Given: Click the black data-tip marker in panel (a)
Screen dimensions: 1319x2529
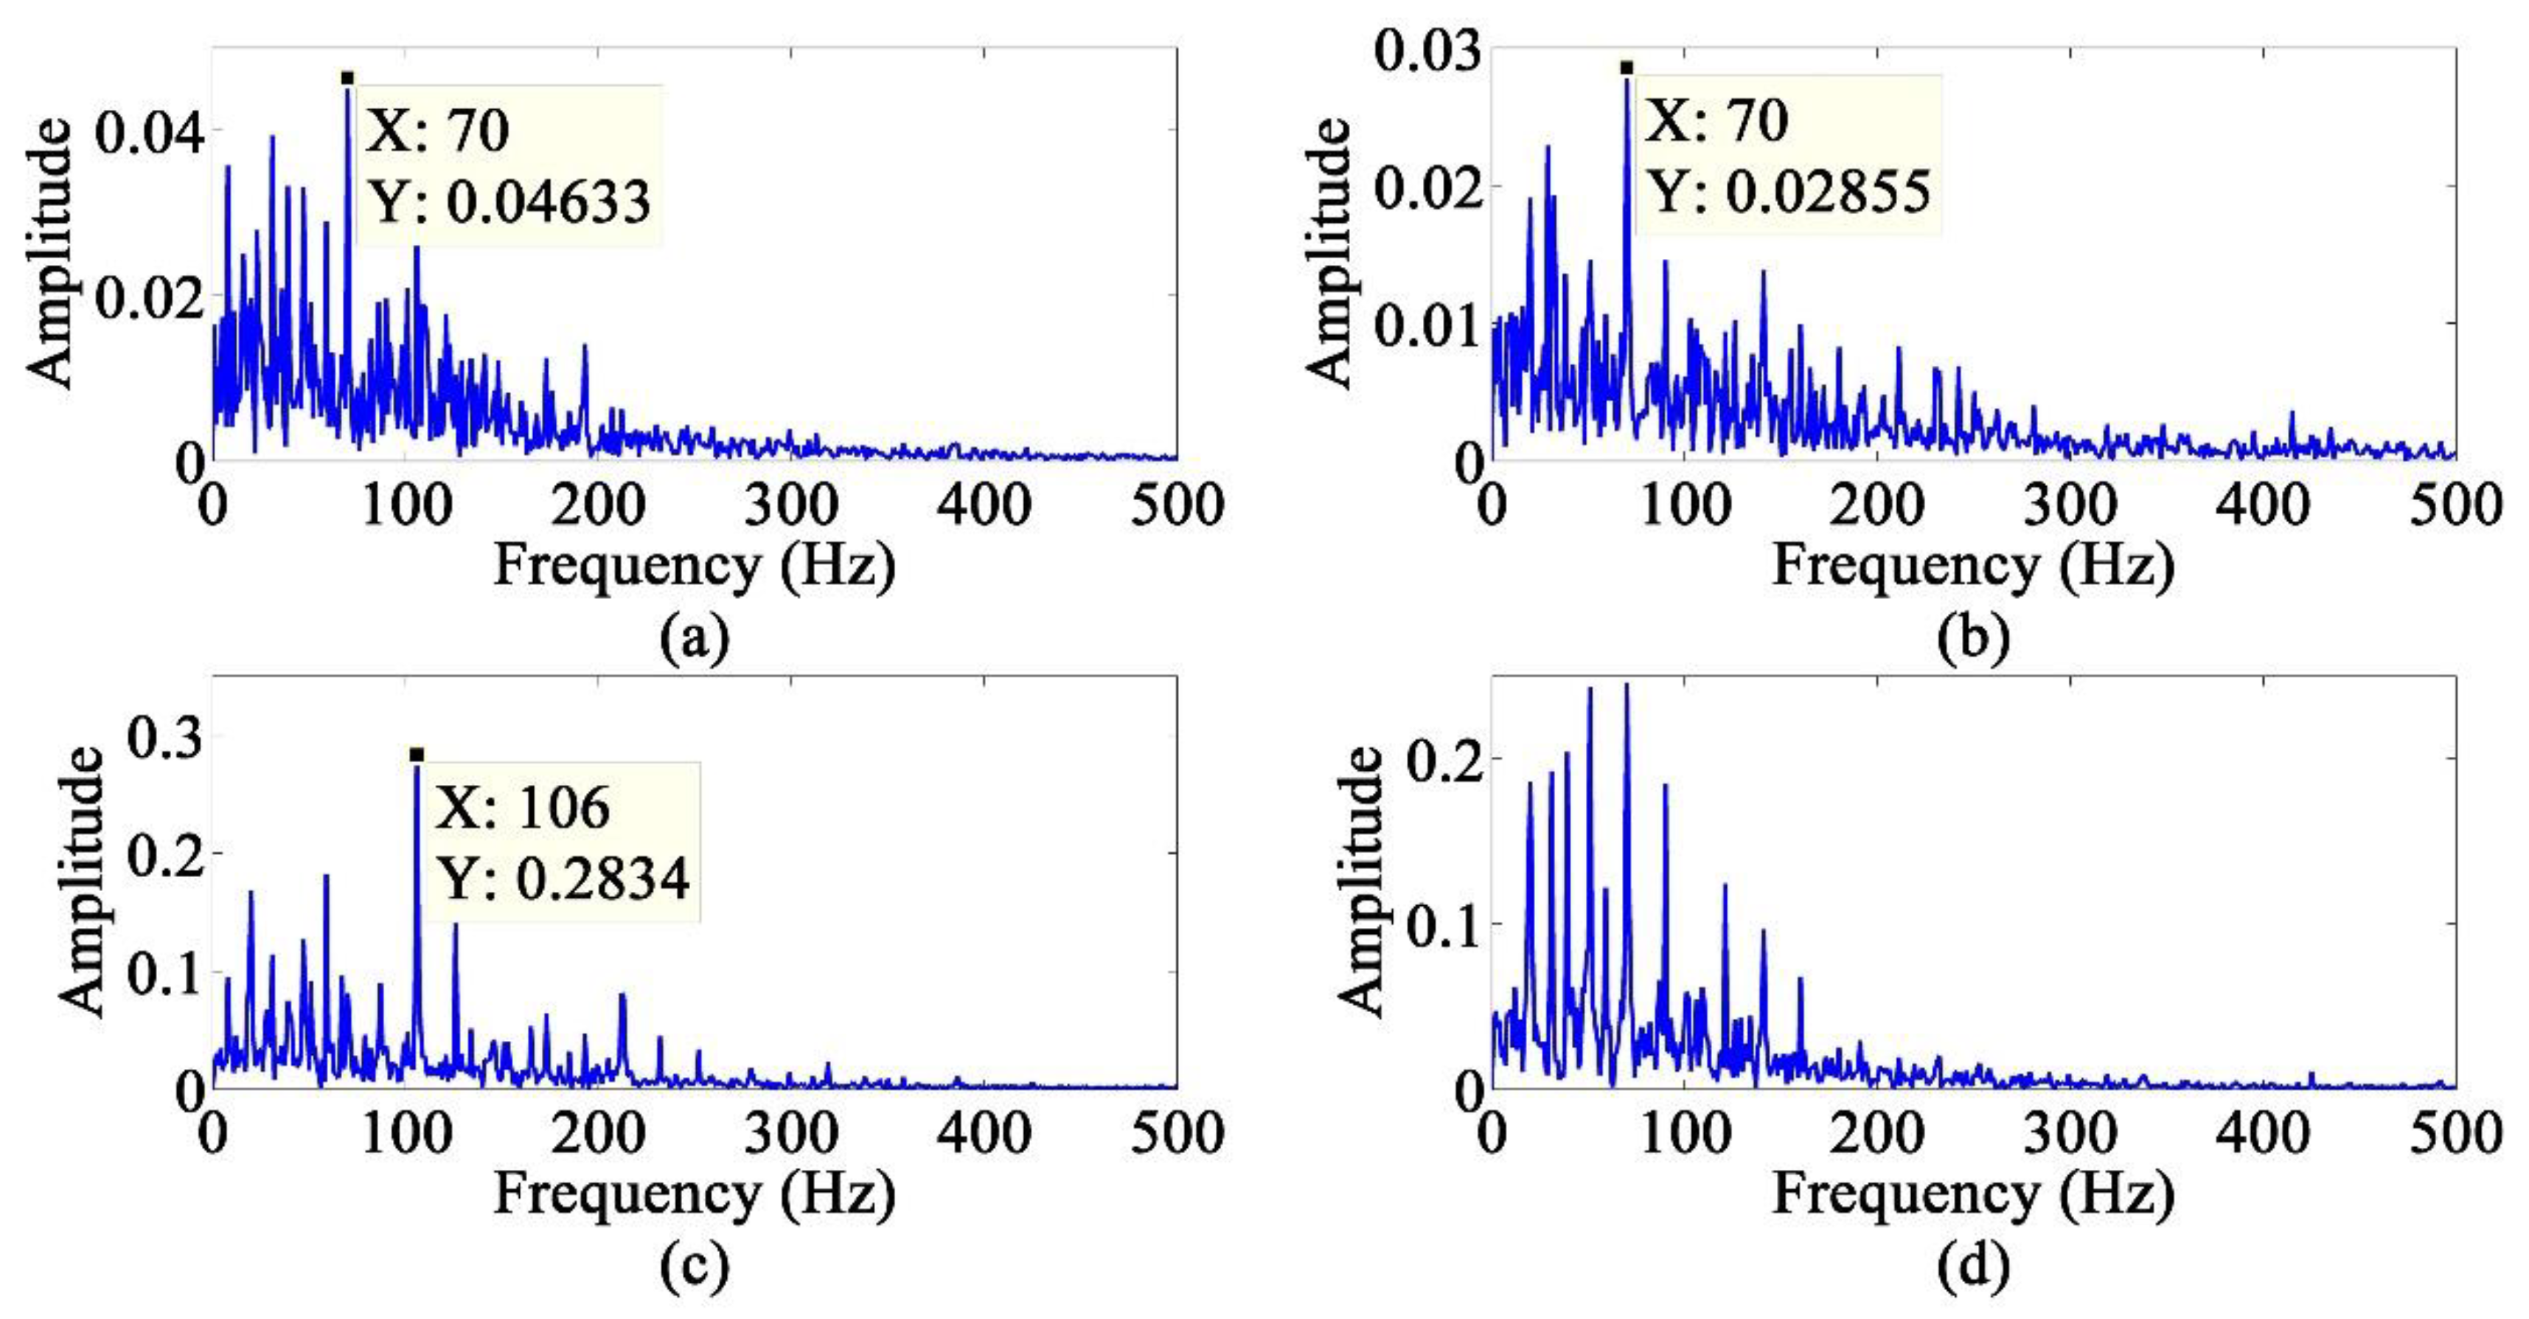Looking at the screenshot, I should tap(347, 77).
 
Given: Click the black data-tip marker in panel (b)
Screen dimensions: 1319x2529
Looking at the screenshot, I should tap(1627, 68).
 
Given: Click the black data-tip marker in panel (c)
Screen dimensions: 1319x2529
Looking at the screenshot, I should tap(417, 754).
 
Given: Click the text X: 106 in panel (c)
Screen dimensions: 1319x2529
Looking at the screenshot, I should tap(522, 809).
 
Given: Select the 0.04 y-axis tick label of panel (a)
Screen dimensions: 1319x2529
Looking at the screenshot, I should tap(149, 131).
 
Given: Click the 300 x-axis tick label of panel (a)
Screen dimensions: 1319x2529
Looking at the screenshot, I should tap(791, 507).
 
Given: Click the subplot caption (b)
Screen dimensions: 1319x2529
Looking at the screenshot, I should tap(1973, 638).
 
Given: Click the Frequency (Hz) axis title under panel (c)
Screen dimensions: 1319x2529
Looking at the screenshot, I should tap(694, 1195).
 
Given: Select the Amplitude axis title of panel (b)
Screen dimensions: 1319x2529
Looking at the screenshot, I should tap(1332, 252).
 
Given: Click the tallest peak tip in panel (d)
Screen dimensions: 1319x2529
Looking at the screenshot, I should tap(1626, 685).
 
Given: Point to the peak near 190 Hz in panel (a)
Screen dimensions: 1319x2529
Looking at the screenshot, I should tap(584, 346).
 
